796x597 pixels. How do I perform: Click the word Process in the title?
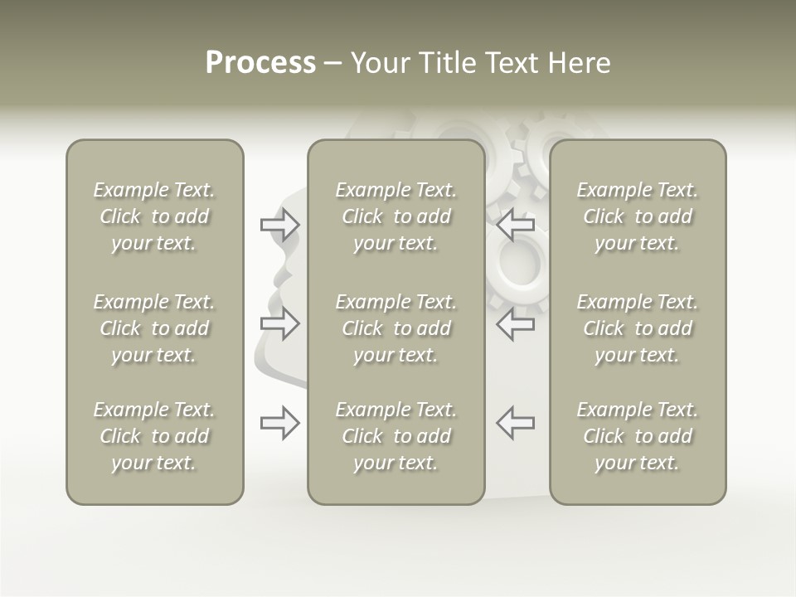tap(260, 63)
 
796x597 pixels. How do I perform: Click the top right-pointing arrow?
tap(279, 225)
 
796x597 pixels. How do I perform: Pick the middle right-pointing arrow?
tap(279, 323)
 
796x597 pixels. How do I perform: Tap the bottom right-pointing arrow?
tap(279, 423)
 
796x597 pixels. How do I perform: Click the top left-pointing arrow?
tap(516, 224)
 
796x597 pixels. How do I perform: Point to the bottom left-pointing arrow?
tap(516, 422)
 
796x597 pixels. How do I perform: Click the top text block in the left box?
tap(154, 216)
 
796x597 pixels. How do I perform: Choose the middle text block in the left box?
tap(154, 328)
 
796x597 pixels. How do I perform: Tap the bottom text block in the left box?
tap(154, 436)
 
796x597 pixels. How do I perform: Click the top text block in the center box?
tap(396, 216)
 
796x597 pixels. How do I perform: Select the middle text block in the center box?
tap(396, 328)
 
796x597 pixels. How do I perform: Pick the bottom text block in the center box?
tap(396, 436)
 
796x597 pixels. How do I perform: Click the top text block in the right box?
tap(637, 216)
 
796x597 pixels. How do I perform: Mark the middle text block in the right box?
tap(637, 328)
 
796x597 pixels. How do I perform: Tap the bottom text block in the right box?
tap(637, 436)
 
